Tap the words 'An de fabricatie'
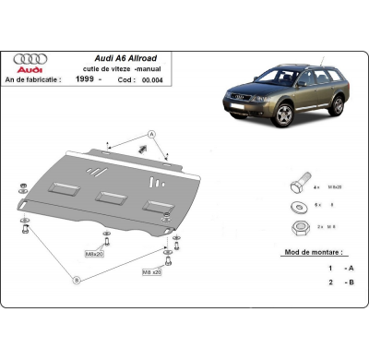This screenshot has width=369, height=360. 45,78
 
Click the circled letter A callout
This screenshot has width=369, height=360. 152,135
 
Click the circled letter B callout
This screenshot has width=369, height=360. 77,279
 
